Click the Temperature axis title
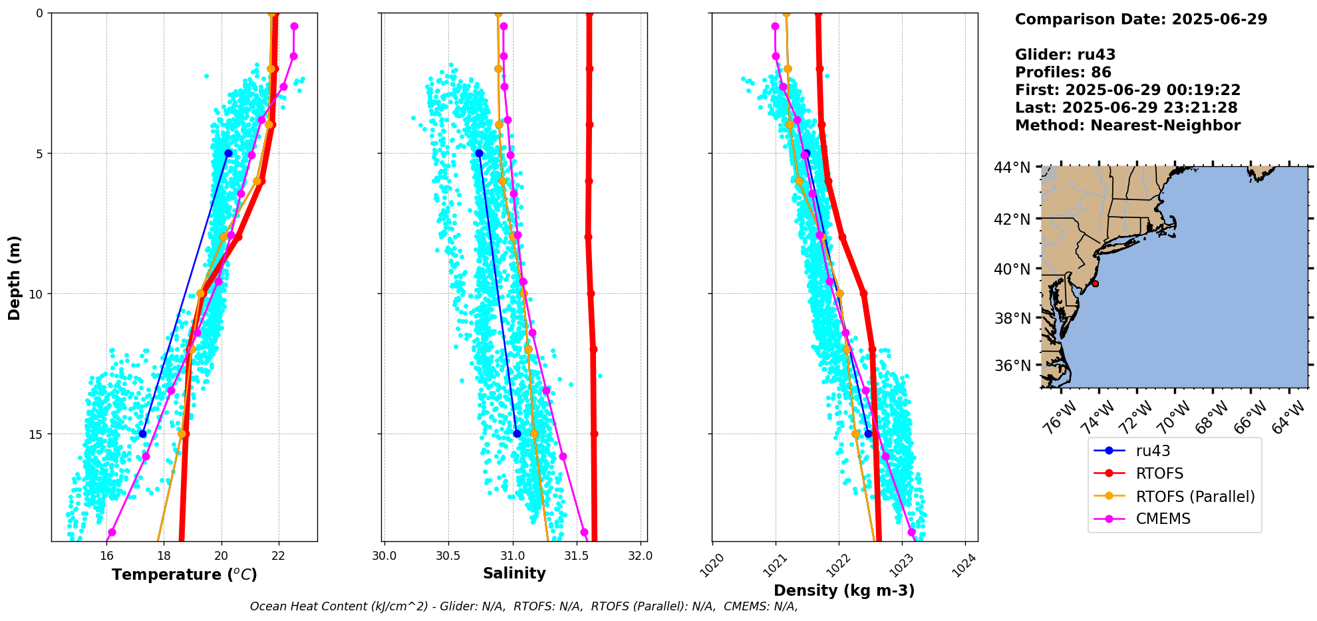click(x=184, y=574)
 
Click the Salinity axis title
click(x=514, y=573)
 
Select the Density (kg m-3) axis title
click(x=844, y=590)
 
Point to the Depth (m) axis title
click(x=15, y=277)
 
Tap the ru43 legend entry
click(x=1153, y=451)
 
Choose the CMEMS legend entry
click(x=1163, y=519)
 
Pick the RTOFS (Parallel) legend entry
click(x=1195, y=497)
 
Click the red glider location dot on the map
click(x=1095, y=284)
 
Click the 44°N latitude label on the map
click(x=1012, y=168)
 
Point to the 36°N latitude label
click(x=1012, y=366)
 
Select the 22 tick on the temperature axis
click(x=279, y=555)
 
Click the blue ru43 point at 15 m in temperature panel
click(x=142, y=434)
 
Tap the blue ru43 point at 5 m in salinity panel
click(x=479, y=153)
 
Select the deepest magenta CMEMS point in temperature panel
click(x=112, y=532)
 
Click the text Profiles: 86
click(x=1062, y=72)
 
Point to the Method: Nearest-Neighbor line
click(x=1127, y=126)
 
